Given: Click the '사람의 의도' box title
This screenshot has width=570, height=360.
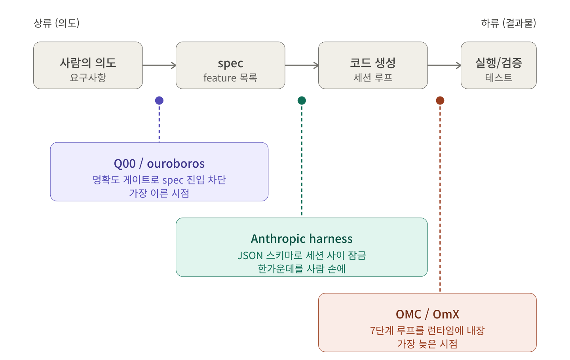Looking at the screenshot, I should pyautogui.click(x=88, y=63).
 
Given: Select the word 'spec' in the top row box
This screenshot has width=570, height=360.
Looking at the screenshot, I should pyautogui.click(x=230, y=63).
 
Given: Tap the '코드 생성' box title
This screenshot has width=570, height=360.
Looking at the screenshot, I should pyautogui.click(x=373, y=63).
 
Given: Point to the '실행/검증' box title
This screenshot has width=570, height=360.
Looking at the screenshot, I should pyautogui.click(x=498, y=63).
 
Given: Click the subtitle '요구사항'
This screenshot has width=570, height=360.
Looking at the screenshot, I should pyautogui.click(x=88, y=78).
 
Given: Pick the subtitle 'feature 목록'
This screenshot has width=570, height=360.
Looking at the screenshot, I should pyautogui.click(x=230, y=78).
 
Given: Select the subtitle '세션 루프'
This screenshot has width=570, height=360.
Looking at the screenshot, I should pyautogui.click(x=373, y=78).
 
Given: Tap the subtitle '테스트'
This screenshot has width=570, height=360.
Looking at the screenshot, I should pyautogui.click(x=498, y=78).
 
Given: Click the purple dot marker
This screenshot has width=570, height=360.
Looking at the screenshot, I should pyautogui.click(x=159, y=100).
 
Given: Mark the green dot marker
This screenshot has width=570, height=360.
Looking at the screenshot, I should pyautogui.click(x=302, y=100).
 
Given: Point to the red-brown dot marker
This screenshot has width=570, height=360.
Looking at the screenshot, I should pyautogui.click(x=440, y=100).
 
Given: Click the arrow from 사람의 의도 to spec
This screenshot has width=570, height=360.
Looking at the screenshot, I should pyautogui.click(x=159, y=65).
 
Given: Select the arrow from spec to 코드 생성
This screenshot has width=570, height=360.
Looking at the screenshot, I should pyautogui.click(x=302, y=65).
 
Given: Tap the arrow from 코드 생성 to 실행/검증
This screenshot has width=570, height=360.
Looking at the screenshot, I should pyautogui.click(x=444, y=65).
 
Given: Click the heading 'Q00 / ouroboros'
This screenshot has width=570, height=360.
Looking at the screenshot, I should pyautogui.click(x=159, y=163).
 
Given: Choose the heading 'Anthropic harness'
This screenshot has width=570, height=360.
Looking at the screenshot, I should pyautogui.click(x=302, y=239).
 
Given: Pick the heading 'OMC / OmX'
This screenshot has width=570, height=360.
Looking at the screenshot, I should pyautogui.click(x=427, y=314).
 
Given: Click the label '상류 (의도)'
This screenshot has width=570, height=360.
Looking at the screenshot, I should pyautogui.click(x=57, y=23).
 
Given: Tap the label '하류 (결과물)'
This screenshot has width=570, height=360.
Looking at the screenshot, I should pyautogui.click(x=509, y=23).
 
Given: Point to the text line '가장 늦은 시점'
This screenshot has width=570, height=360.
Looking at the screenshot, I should pyautogui.click(x=427, y=344).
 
